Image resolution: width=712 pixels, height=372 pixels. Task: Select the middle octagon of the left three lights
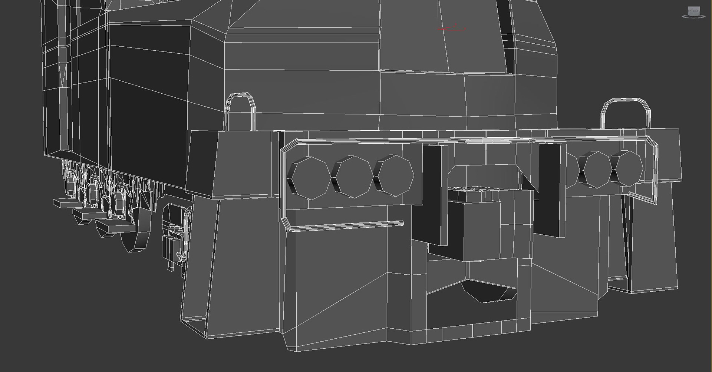[x=353, y=177]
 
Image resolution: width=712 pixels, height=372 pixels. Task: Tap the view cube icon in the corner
[x=692, y=12]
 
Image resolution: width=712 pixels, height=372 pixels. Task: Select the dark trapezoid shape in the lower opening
[x=486, y=292]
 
